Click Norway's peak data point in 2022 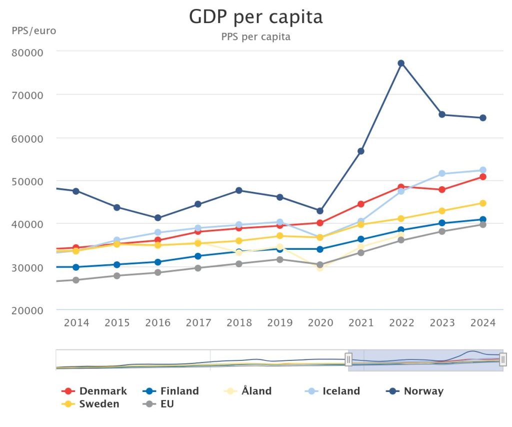point(401,63)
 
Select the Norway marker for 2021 point(360,151)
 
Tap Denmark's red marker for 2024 point(483,177)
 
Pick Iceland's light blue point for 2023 point(442,174)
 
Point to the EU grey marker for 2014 point(76,280)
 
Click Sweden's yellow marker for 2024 point(483,203)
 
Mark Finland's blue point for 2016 point(157,262)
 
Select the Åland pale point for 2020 point(320,268)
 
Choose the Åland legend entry point(248,391)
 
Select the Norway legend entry point(415,391)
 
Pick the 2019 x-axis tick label point(279,323)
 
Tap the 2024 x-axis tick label point(483,323)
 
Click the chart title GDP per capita point(255,17)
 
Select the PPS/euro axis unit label point(34,31)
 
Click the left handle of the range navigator point(348,359)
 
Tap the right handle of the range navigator point(503,359)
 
